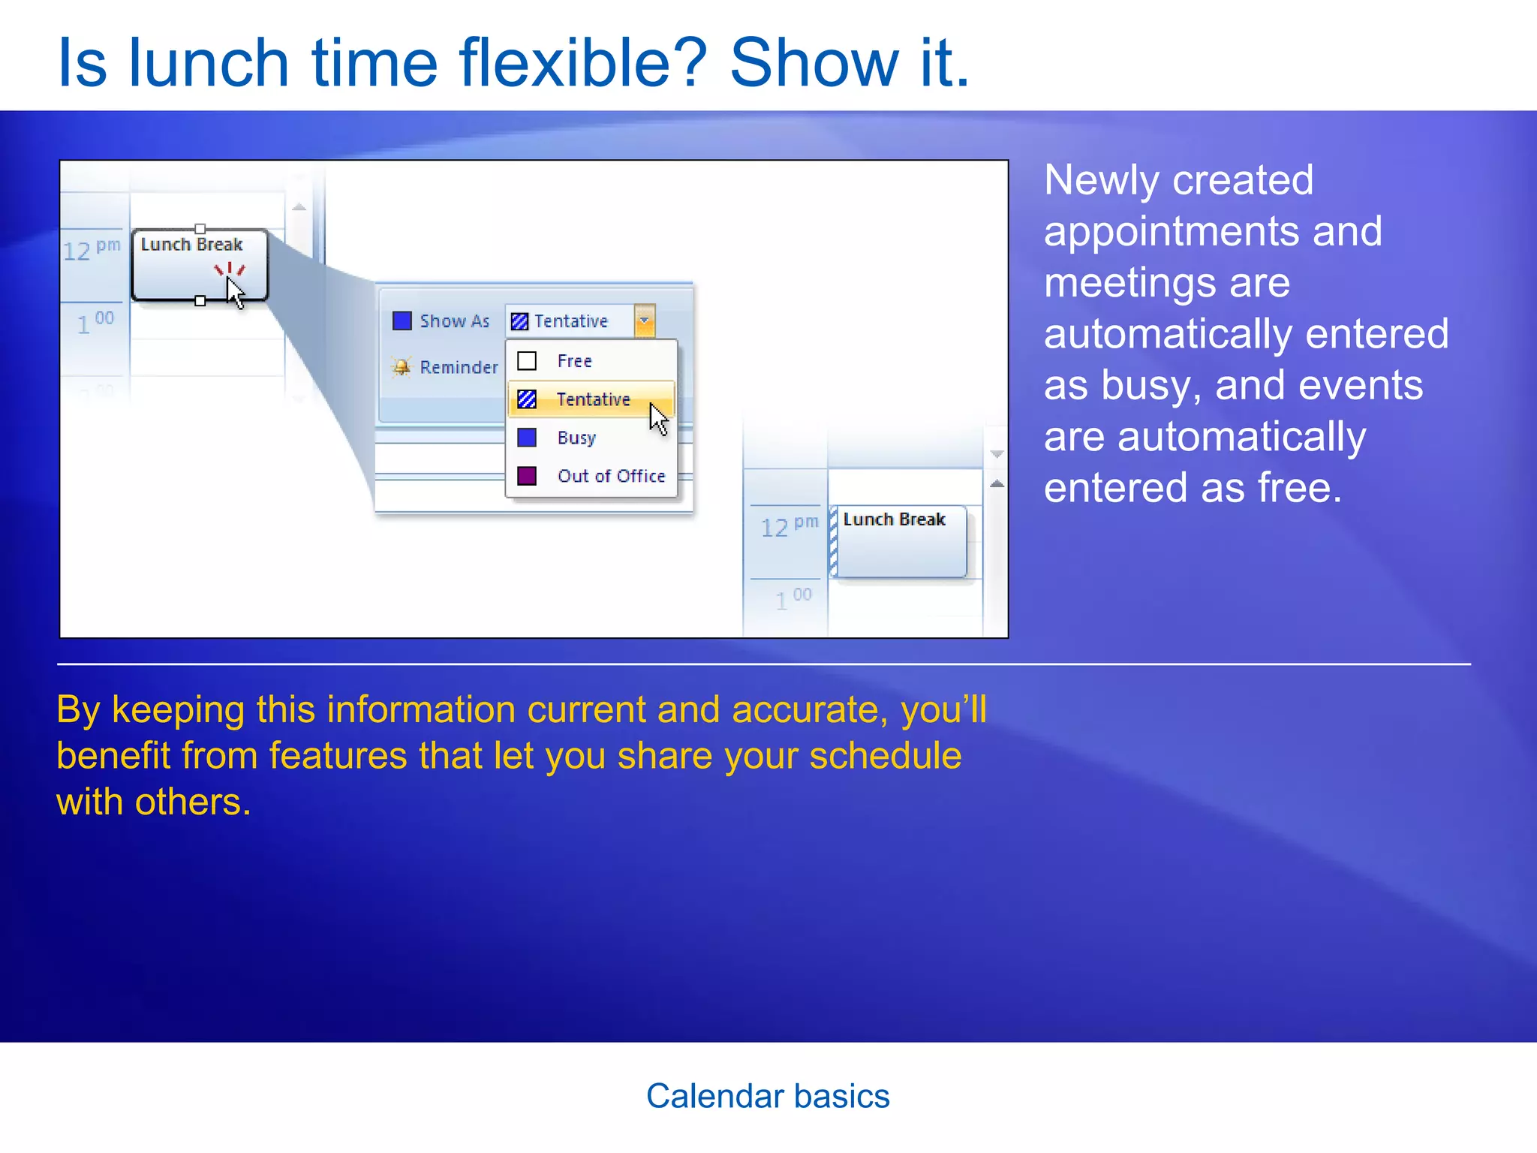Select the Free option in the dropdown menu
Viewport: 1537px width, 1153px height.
coord(574,361)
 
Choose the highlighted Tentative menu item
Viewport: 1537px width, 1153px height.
coord(592,399)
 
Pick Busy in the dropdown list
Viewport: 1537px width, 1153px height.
coord(576,438)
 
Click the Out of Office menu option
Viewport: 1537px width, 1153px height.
coord(611,476)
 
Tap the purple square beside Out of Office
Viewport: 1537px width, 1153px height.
coord(527,476)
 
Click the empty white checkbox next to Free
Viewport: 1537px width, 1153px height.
coord(527,361)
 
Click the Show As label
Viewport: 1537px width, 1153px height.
coord(454,321)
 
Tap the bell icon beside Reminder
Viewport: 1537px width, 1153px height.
coord(402,367)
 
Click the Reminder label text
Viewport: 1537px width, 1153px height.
coord(459,367)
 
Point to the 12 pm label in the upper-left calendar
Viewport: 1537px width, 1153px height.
coord(91,249)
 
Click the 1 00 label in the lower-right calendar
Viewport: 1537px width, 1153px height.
coord(793,598)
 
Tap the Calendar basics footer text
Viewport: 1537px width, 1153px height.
coord(768,1096)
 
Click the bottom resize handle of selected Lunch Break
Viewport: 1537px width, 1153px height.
coord(200,301)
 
